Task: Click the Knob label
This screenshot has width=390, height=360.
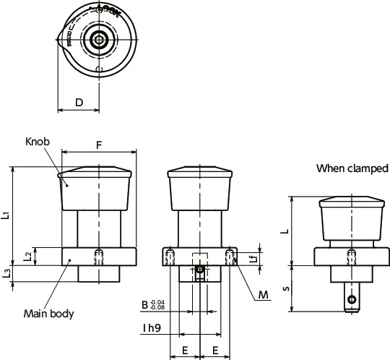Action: click(x=37, y=141)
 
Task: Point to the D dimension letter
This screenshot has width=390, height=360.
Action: click(x=78, y=103)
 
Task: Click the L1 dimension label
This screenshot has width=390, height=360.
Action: click(x=6, y=215)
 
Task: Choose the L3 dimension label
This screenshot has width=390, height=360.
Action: click(x=6, y=273)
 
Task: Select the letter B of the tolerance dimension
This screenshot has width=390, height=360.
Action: click(x=144, y=306)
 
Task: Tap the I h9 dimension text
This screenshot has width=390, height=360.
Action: click(x=151, y=327)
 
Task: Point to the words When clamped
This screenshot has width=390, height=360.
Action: click(x=352, y=169)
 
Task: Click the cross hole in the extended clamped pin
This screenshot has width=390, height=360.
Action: click(x=351, y=299)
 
